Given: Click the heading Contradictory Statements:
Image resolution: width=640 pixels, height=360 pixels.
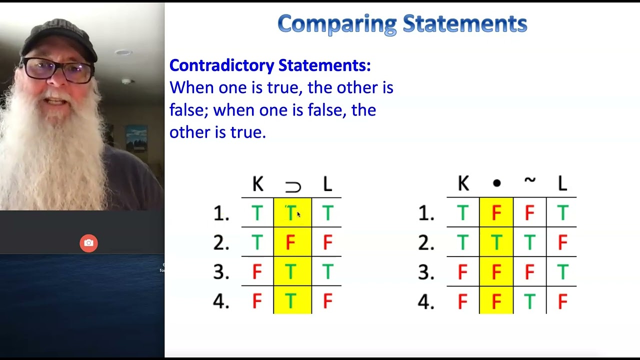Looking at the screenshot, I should [x=270, y=65].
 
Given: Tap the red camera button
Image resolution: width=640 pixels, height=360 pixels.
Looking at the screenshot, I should [x=88, y=243].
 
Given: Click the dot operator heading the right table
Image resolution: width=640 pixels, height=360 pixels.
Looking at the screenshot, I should [x=496, y=184].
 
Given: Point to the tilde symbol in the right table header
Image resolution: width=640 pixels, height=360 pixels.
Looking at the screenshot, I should [x=529, y=181].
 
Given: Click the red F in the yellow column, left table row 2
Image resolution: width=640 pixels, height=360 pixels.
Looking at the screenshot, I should [x=291, y=243].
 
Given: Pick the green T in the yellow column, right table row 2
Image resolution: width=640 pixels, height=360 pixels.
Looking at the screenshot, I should [x=496, y=243].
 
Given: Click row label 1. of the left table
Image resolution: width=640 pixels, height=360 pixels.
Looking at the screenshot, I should [x=221, y=214].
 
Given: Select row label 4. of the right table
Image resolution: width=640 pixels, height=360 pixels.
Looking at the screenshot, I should [x=426, y=301].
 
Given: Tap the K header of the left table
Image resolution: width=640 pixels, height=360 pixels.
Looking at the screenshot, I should [x=257, y=184].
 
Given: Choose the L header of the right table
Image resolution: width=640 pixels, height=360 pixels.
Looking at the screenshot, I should [x=562, y=184].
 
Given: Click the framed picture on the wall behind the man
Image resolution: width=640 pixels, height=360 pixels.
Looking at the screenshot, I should [x=136, y=138].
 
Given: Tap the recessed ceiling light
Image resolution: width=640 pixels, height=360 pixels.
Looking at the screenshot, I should [x=123, y=52].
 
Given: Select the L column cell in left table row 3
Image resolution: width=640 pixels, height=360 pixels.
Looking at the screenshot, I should [x=327, y=272].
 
